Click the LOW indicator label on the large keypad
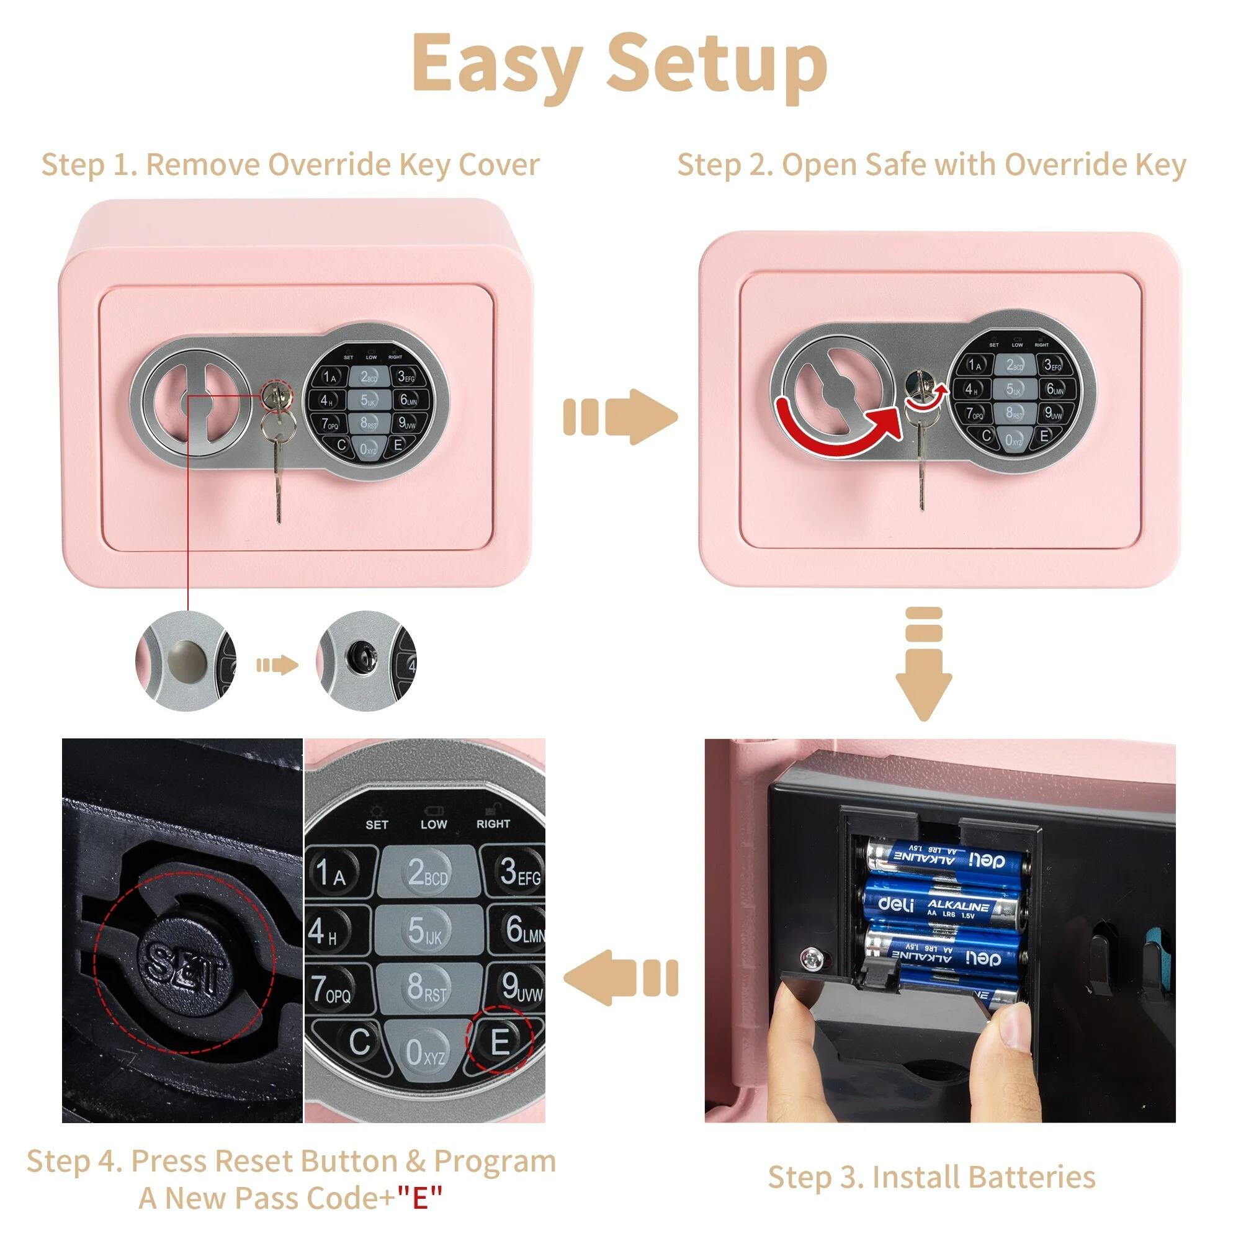click(434, 824)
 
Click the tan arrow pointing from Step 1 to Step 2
click(620, 416)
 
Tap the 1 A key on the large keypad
click(330, 872)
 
